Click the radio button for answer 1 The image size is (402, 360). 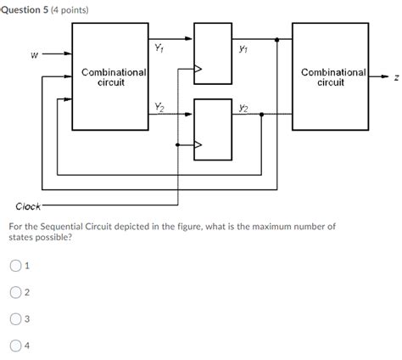pos(16,265)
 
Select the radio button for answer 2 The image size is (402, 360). pos(16,292)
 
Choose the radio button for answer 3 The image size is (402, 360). pos(16,319)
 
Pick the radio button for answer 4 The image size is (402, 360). pos(16,346)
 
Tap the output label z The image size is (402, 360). pos(394,78)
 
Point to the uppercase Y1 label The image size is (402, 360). pos(159,48)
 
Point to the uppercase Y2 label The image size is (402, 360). pos(159,106)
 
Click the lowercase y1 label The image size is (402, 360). pos(244,48)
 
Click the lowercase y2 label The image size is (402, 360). pos(244,108)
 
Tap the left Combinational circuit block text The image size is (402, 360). pos(110,77)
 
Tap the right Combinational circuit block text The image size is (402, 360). pos(331,77)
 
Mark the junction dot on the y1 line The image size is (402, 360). pos(277,39)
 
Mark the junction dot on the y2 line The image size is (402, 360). pos(260,115)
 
